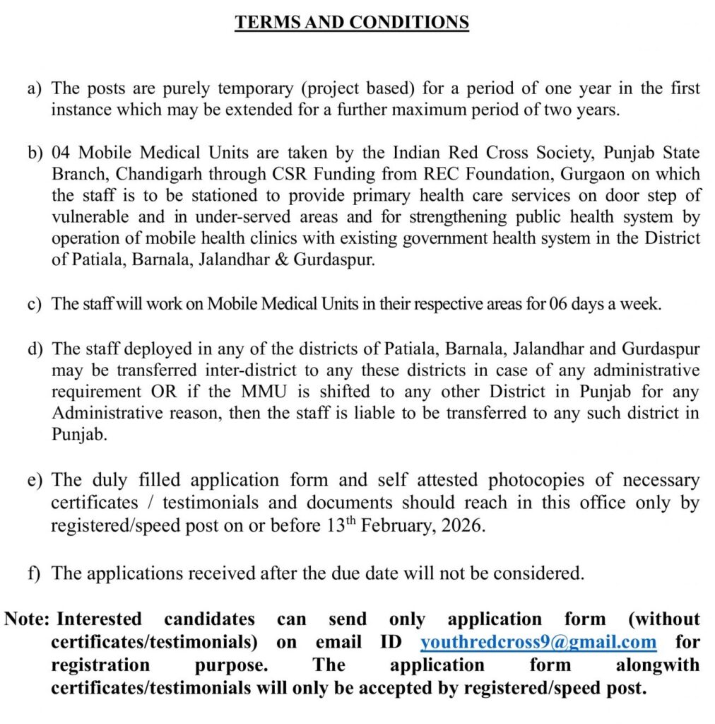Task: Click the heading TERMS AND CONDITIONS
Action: [352, 22]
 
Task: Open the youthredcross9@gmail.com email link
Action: [538, 642]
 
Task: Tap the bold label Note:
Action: [27, 619]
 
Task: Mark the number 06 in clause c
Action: [557, 304]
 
